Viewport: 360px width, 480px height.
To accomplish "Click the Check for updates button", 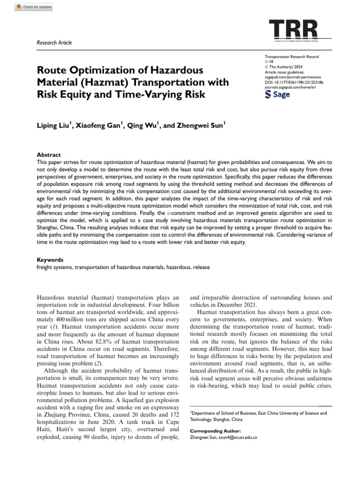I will [33, 7].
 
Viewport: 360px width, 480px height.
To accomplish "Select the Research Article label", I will [54, 43].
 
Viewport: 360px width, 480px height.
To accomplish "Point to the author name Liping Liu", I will [53, 126].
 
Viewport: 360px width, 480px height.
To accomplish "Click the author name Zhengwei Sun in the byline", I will [202, 126].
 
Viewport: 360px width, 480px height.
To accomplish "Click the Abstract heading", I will [49, 155].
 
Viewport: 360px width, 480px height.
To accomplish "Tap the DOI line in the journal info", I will [294, 82].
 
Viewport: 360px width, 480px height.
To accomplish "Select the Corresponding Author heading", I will [216, 430].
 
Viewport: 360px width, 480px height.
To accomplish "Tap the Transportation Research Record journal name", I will [292, 57].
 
